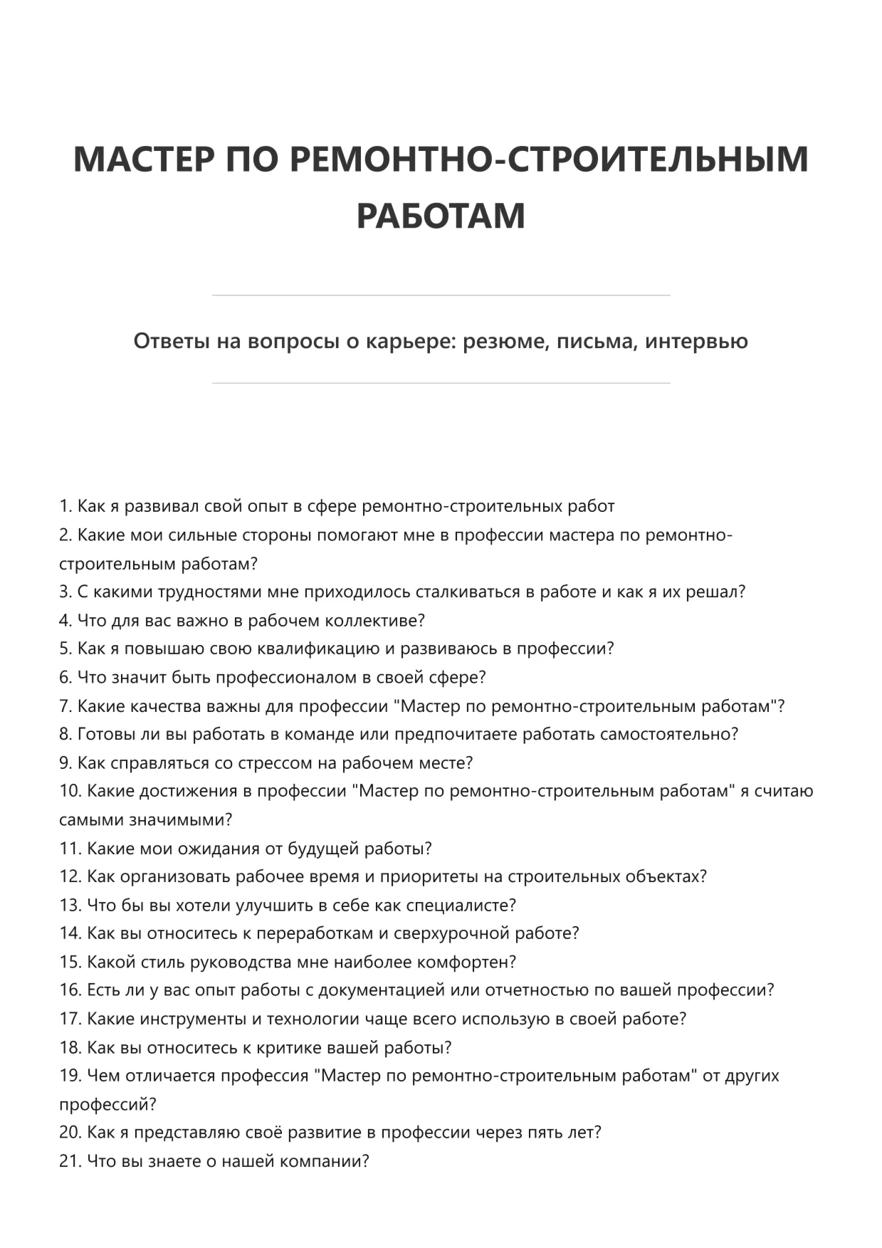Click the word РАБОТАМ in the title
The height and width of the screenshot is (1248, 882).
point(441,216)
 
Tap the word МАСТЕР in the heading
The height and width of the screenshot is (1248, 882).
point(143,159)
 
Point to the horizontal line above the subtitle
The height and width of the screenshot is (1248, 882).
point(441,295)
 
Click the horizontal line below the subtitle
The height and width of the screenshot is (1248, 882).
point(441,383)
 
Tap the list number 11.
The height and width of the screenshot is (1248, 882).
point(70,848)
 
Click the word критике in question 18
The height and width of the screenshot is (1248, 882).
point(288,1047)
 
